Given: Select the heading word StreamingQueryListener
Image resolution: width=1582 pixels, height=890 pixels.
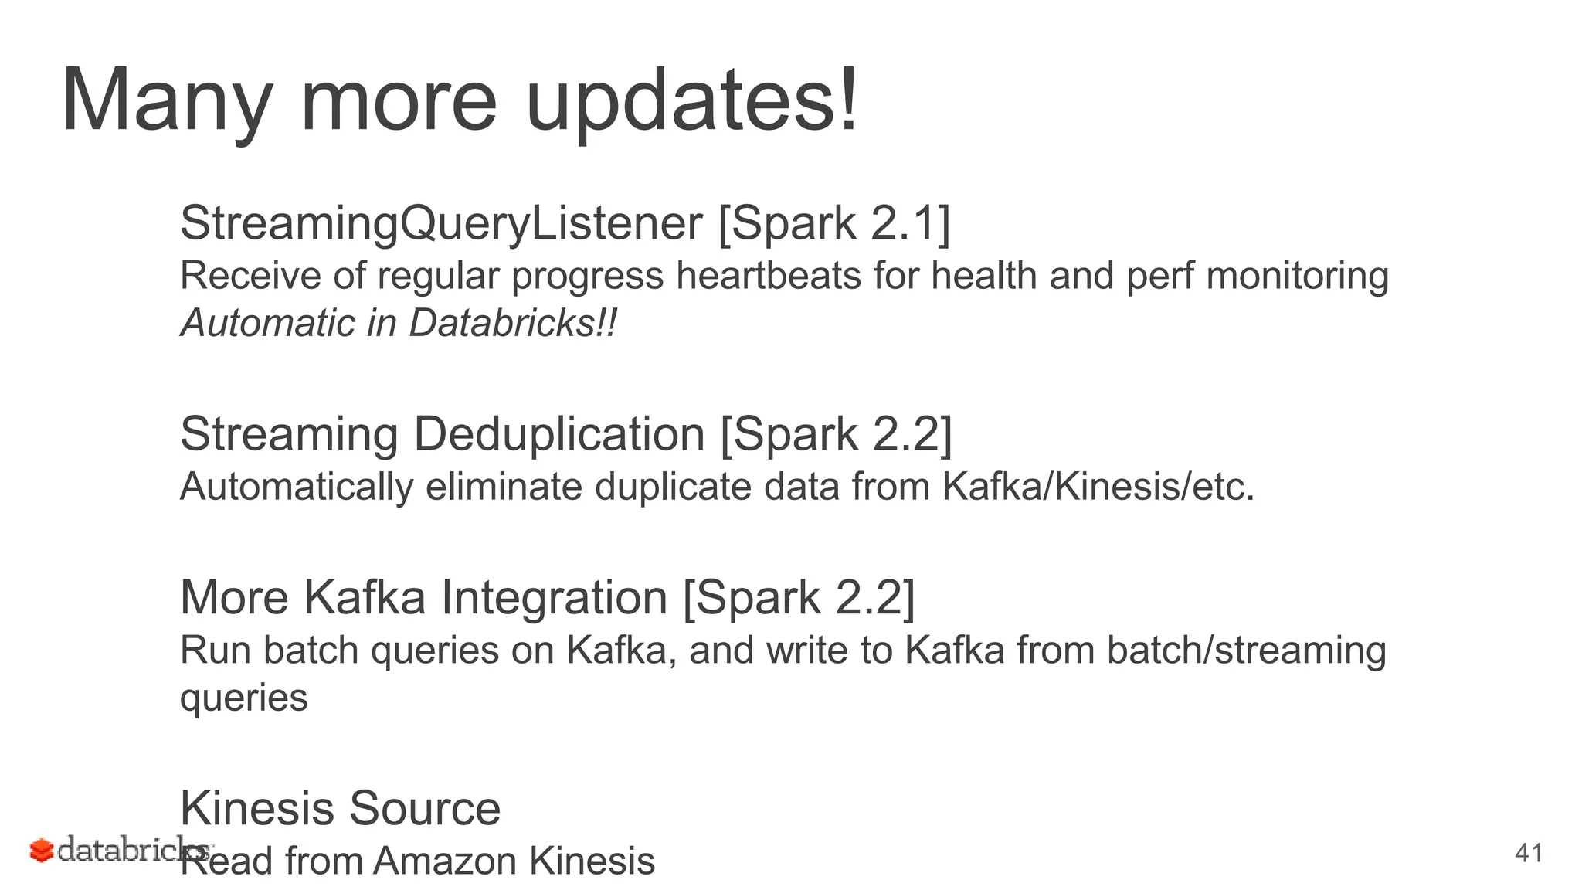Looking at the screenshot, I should [441, 223].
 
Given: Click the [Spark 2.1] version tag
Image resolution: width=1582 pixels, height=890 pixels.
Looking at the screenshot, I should [834, 223].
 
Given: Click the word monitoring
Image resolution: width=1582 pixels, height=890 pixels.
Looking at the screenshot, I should [1297, 276].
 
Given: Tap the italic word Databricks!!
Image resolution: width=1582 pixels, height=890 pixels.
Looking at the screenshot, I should [513, 323].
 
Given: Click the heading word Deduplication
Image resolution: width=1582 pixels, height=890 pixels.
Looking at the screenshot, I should [559, 433].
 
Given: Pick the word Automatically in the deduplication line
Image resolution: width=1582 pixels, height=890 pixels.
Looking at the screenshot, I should [297, 487].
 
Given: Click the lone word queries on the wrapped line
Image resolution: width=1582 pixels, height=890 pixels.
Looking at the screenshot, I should [244, 698].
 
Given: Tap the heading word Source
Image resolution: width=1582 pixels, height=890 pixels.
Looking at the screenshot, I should [425, 808].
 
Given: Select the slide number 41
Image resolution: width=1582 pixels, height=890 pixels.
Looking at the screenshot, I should [1529, 853].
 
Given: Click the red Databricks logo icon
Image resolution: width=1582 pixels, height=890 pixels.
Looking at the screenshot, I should [42, 851].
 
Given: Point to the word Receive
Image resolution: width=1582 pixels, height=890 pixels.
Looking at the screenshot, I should [250, 276].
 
